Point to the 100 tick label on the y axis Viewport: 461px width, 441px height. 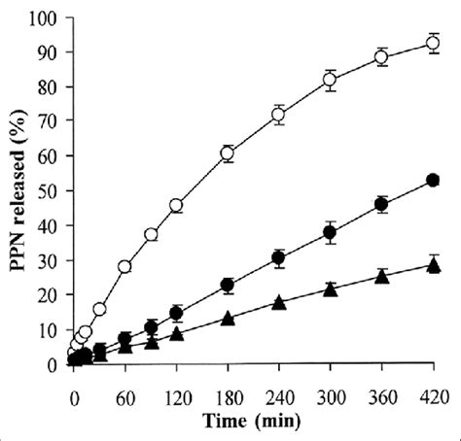click(x=45, y=18)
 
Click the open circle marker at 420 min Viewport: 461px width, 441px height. click(x=432, y=43)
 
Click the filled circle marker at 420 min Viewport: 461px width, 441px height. click(x=432, y=180)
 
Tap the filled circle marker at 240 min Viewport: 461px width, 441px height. click(x=278, y=258)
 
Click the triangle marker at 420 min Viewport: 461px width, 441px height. click(x=432, y=265)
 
